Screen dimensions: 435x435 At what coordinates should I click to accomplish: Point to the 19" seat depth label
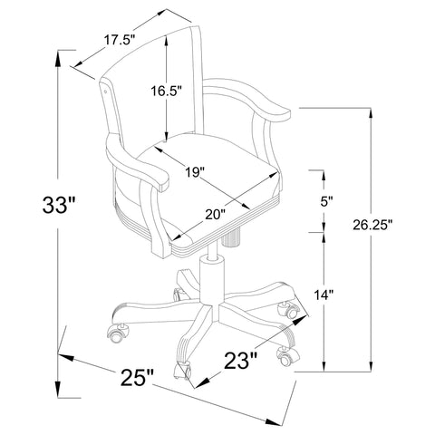[x=193, y=171]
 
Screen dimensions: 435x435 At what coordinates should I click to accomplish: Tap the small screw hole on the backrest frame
[x=106, y=92]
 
